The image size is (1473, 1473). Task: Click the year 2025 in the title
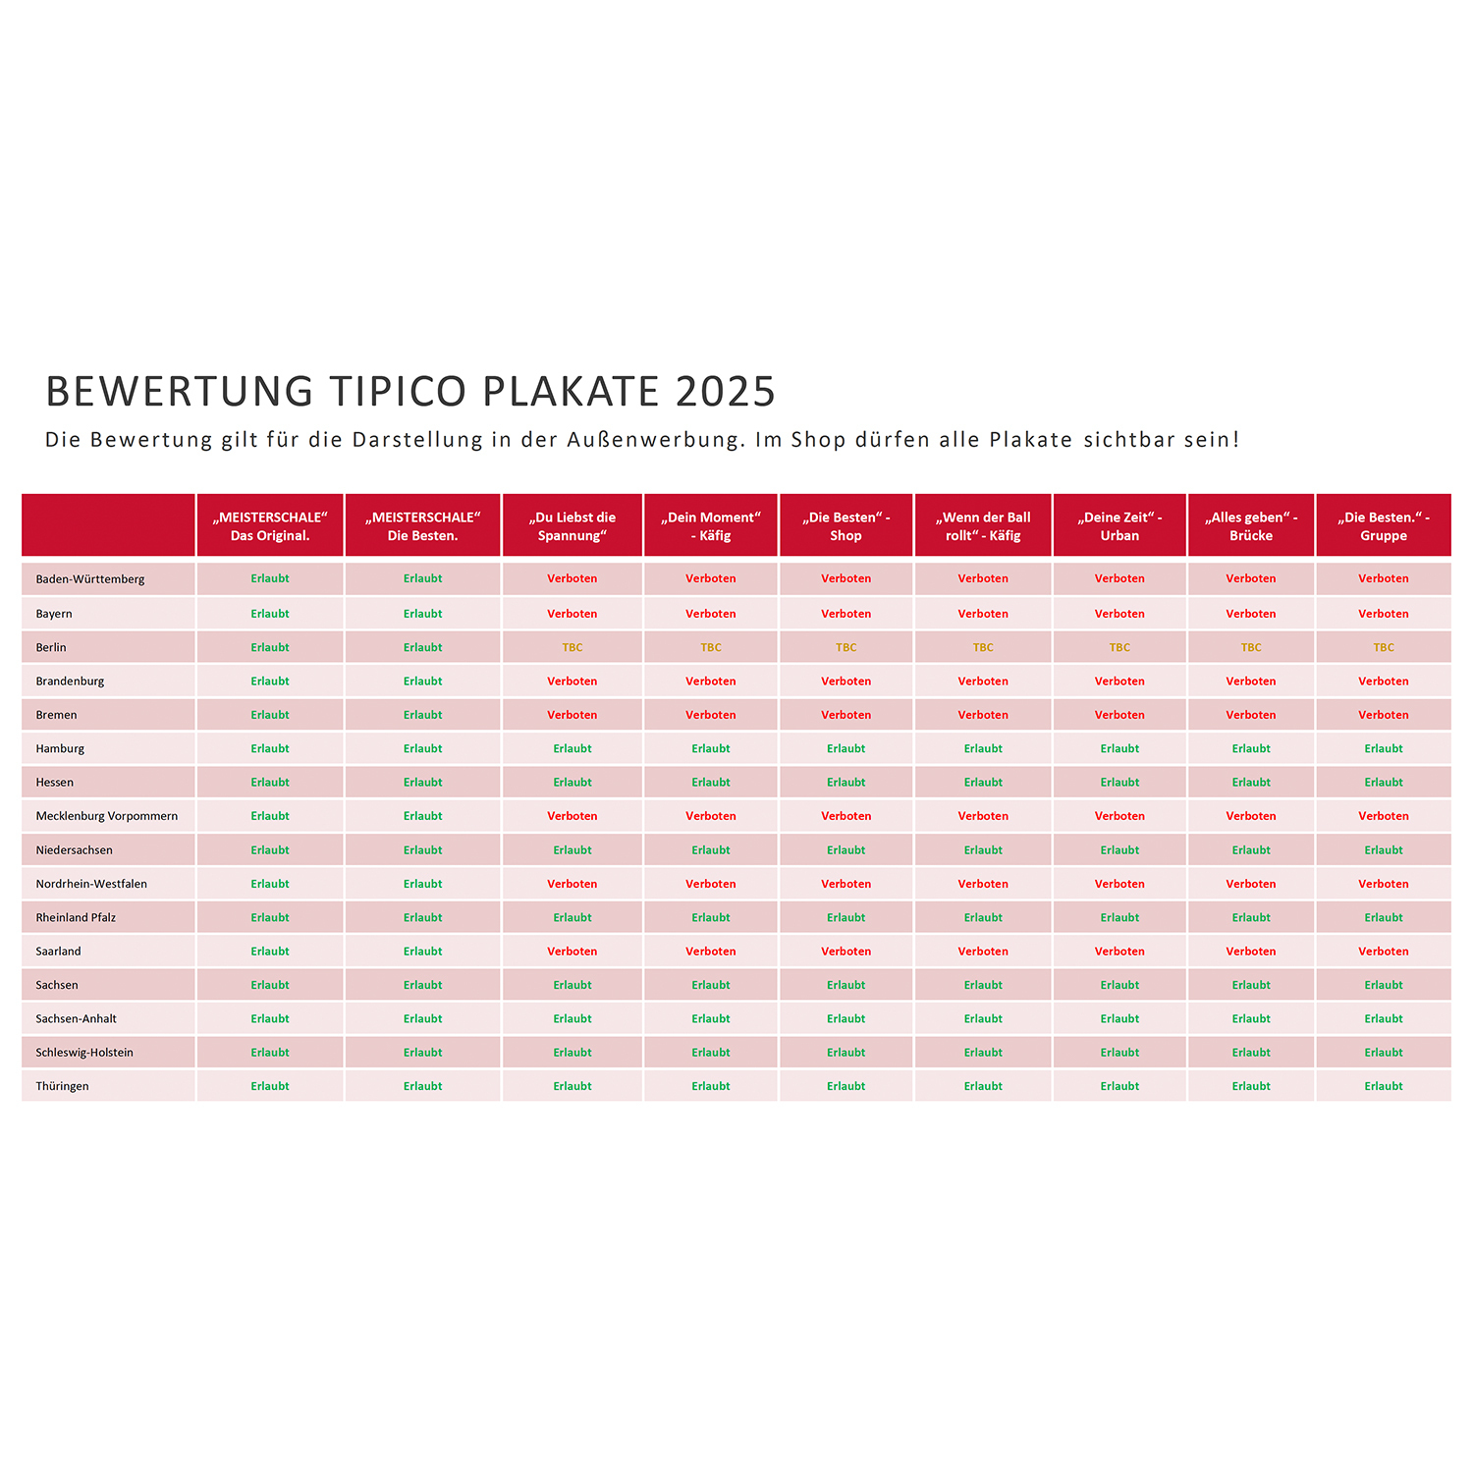click(x=726, y=392)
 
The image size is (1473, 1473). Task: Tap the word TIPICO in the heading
click(x=398, y=392)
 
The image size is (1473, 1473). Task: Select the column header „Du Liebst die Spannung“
click(x=573, y=526)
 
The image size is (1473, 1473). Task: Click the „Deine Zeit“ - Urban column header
click(x=1119, y=526)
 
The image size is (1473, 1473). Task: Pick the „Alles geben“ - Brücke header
click(x=1251, y=526)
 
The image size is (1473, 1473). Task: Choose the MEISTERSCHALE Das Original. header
click(x=270, y=526)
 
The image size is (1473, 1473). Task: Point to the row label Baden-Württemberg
click(x=90, y=579)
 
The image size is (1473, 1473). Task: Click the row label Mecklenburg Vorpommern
click(x=107, y=816)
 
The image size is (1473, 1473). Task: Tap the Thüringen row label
click(x=63, y=1086)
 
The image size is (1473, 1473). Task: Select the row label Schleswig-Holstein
click(x=84, y=1053)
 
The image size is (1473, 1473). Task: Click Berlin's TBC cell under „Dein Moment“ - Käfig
click(x=711, y=648)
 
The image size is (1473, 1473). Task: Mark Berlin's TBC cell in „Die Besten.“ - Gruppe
click(x=1384, y=648)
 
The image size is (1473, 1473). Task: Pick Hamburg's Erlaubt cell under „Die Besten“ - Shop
click(x=846, y=749)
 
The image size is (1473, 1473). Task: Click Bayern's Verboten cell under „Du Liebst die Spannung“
click(x=573, y=614)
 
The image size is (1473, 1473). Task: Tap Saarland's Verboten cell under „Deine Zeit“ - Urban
click(x=1119, y=952)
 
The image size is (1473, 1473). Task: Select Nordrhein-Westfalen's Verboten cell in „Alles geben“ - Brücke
click(x=1251, y=884)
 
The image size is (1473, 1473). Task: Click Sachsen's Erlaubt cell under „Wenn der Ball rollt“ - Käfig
click(x=983, y=985)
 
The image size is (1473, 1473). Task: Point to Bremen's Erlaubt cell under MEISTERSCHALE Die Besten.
click(x=423, y=715)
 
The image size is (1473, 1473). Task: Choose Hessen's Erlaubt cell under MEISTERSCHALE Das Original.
click(x=270, y=783)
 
